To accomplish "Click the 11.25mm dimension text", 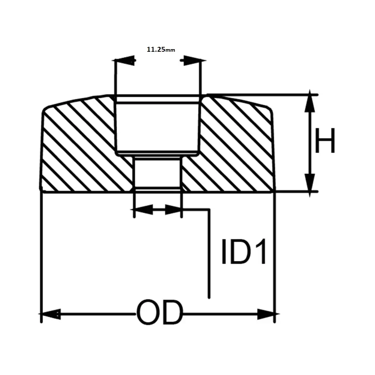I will tap(161, 49).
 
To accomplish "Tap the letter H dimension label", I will tap(324, 141).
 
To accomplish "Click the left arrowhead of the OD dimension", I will tap(51, 314).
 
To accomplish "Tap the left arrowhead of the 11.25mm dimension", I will tap(126, 60).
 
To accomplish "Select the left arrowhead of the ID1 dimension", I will tap(143, 210).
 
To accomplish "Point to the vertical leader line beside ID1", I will tap(208, 255).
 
